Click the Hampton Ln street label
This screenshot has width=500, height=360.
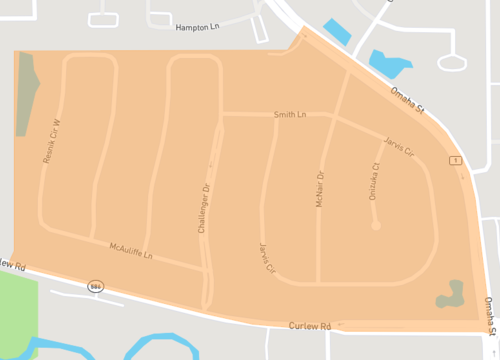coord(197,28)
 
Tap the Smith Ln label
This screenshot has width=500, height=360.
coord(288,116)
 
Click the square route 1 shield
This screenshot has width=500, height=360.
coord(455,161)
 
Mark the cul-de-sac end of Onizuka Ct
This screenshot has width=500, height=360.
coord(376,226)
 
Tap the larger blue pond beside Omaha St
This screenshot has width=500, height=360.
coord(389,65)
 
